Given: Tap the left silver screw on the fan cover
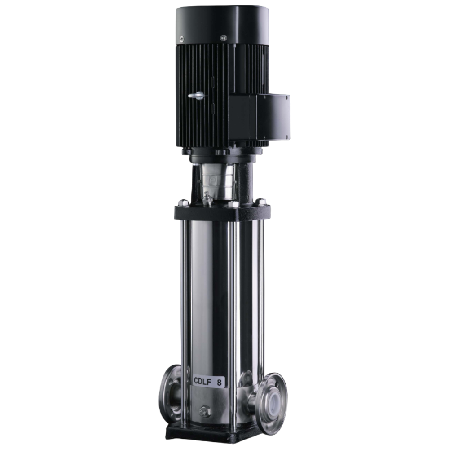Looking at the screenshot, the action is (181, 39).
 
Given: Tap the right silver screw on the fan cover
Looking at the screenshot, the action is (223, 38).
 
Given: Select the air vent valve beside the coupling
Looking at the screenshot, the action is (208, 198).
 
